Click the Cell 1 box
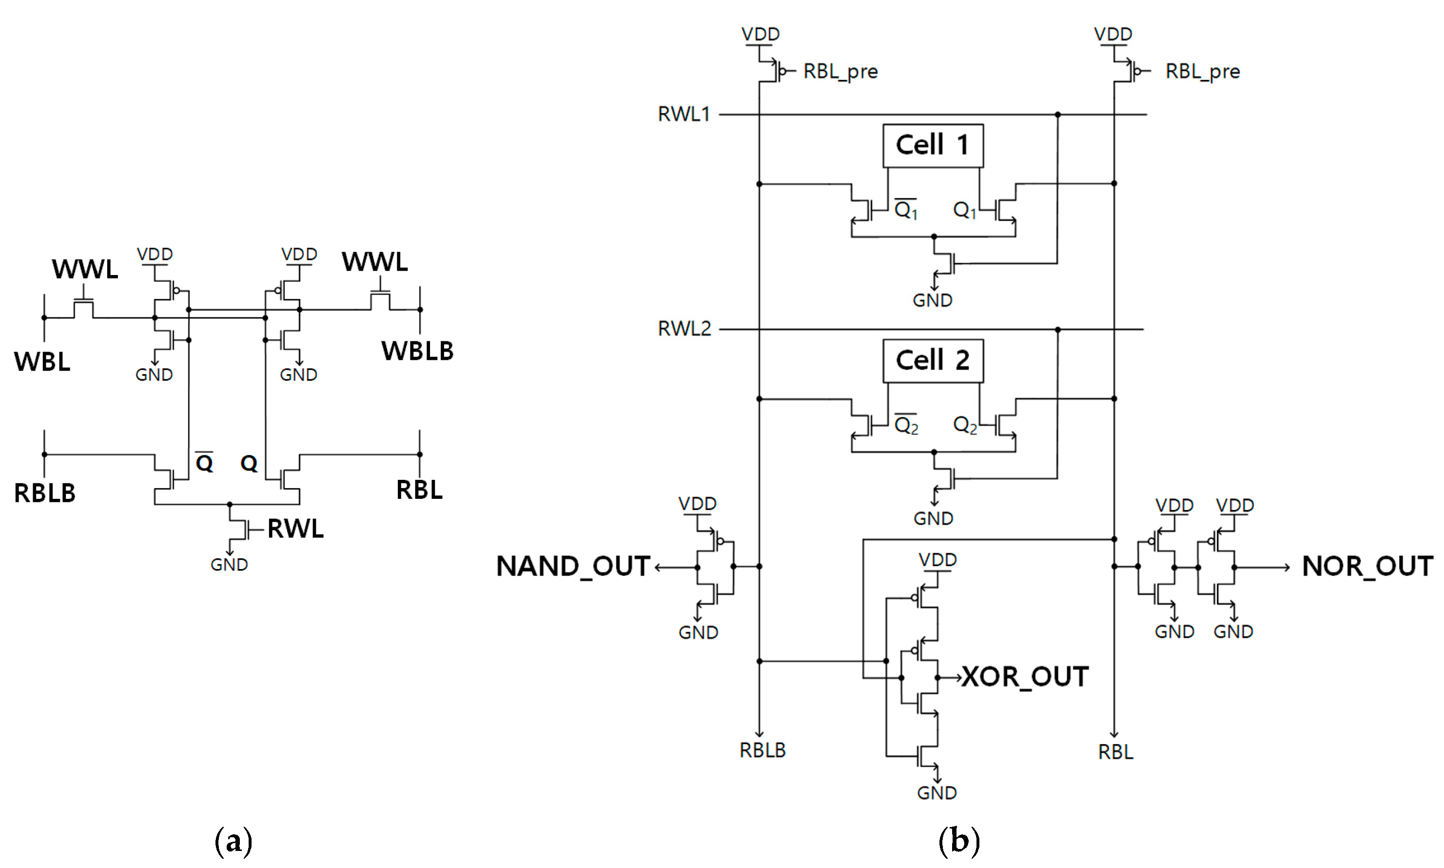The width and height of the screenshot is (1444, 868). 933,145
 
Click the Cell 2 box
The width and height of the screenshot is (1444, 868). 933,360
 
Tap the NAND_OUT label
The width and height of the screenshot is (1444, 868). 573,566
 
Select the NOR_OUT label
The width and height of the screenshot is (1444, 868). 1367,566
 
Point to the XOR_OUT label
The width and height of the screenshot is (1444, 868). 1025,677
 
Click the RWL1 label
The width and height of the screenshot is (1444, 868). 683,114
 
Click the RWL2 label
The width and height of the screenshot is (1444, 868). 684,329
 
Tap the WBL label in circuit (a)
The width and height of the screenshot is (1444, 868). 42,361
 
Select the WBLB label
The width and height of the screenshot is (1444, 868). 417,351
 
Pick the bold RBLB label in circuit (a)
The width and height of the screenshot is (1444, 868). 45,493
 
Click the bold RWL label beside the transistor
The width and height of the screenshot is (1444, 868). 295,529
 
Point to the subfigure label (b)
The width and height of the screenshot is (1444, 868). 959,841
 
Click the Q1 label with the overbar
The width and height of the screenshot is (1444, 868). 906,209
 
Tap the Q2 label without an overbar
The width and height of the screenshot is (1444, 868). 965,425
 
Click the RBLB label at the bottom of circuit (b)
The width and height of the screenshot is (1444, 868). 762,750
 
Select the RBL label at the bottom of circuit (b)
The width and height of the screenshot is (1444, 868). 1115,751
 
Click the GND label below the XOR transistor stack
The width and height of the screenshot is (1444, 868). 937,793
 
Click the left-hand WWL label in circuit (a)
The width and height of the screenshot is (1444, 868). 85,269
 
